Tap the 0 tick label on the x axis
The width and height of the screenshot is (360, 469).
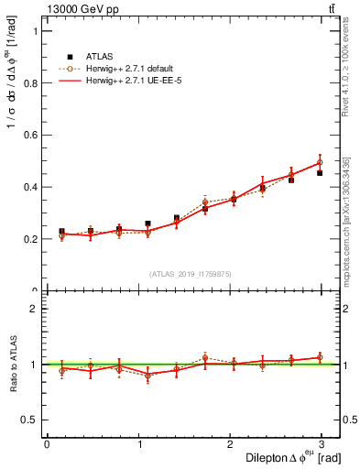click(47, 444)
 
